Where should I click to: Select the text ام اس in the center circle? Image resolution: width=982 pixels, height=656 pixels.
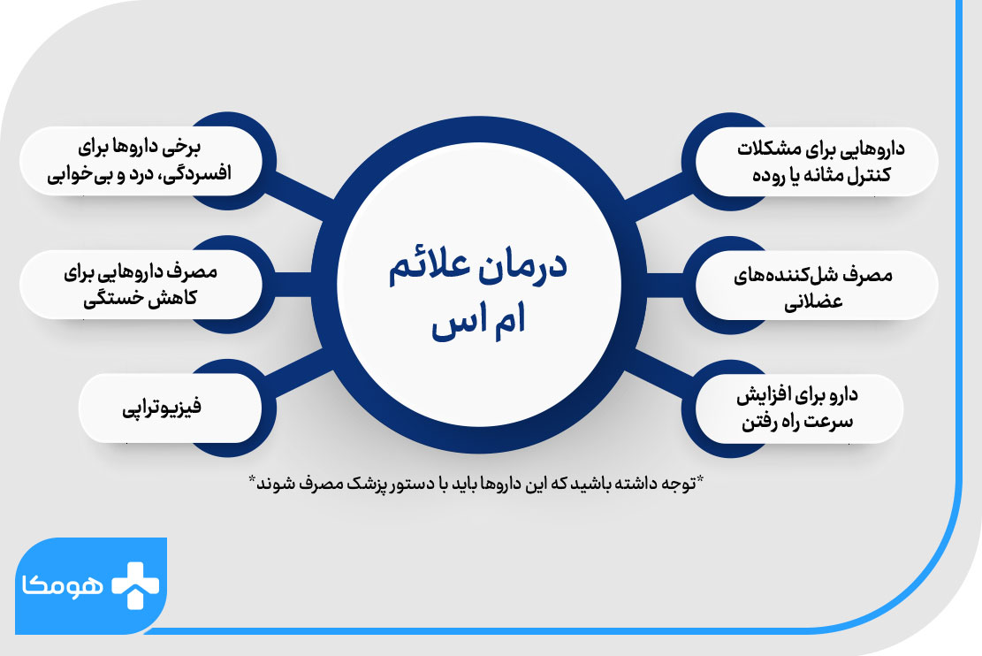coord(478,323)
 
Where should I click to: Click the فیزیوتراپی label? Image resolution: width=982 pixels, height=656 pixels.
coord(162,408)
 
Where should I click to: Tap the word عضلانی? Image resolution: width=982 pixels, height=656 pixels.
coord(813,302)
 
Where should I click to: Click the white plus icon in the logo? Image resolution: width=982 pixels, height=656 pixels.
coord(135,585)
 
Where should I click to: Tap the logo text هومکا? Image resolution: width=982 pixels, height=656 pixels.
coord(63,586)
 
